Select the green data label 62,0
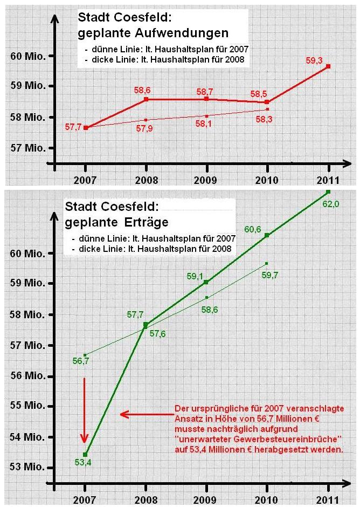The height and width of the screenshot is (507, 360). pyautogui.click(x=329, y=204)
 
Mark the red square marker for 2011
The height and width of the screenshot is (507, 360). pyautogui.click(x=328, y=66)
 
